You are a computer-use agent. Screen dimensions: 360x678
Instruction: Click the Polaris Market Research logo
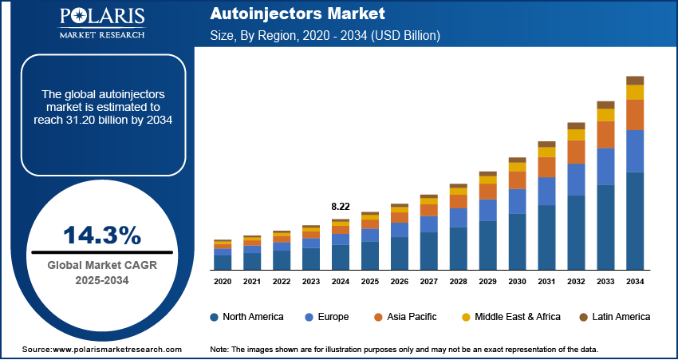(101, 23)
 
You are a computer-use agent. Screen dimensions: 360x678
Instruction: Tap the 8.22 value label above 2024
(340, 207)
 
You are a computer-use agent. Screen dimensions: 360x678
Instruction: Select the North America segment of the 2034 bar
(635, 221)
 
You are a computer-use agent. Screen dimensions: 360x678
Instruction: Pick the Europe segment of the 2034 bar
(635, 151)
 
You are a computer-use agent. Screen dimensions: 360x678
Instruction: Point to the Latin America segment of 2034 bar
(635, 80)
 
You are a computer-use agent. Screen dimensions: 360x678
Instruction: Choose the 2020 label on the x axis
(223, 282)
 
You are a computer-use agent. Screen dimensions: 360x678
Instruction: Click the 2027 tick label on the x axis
(428, 282)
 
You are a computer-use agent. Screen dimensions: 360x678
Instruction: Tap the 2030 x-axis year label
(517, 282)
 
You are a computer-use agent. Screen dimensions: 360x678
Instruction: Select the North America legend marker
(215, 317)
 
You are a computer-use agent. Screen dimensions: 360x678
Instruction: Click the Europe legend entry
(327, 317)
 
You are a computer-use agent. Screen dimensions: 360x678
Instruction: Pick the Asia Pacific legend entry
(408, 317)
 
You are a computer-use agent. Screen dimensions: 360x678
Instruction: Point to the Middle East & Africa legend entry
(511, 317)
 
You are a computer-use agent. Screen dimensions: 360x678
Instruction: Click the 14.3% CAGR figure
(102, 235)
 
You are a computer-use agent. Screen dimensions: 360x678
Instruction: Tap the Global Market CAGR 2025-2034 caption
(102, 273)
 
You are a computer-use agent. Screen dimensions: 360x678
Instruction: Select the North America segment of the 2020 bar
(223, 263)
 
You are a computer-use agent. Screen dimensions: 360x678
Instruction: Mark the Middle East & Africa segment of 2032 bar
(577, 135)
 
